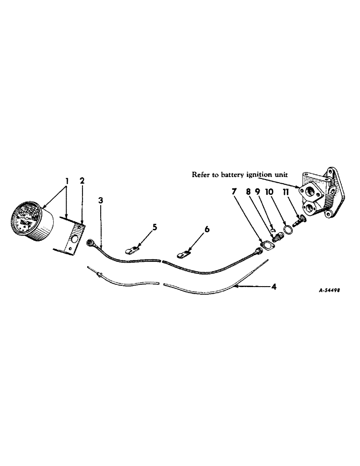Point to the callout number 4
click(x=274, y=287)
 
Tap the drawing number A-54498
click(x=329, y=289)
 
